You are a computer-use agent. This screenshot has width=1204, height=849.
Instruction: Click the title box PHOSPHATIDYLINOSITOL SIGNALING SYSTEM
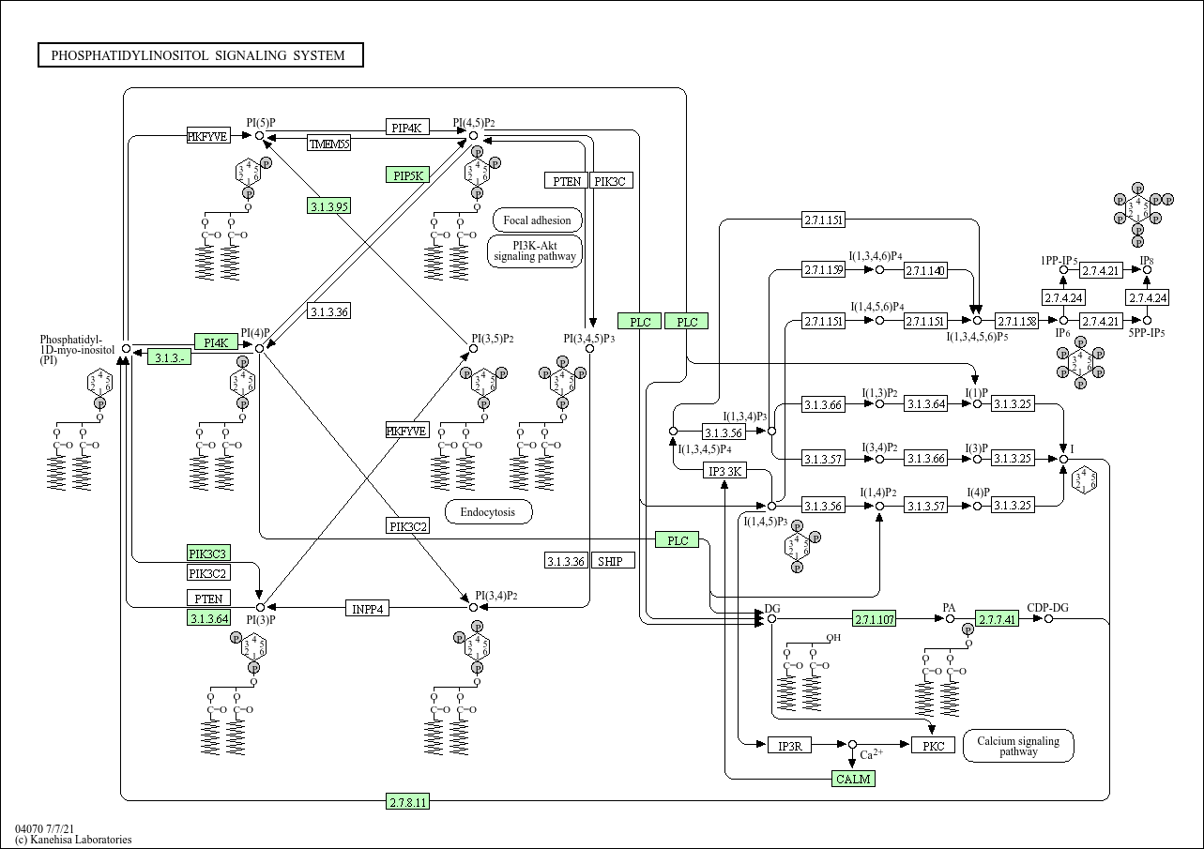pos(200,55)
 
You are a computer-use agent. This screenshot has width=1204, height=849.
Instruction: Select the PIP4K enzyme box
pos(407,128)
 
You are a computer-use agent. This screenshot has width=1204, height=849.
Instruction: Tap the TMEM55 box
pos(329,144)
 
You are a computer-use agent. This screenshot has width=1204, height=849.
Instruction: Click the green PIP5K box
pos(407,175)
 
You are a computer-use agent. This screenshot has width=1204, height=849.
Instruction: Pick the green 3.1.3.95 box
pos(328,206)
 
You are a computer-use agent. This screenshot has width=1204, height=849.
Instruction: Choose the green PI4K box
pos(216,341)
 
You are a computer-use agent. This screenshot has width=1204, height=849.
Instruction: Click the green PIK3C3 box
pos(208,553)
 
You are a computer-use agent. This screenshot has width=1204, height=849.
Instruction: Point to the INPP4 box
pos(369,608)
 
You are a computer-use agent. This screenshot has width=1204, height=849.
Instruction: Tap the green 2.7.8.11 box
pos(408,801)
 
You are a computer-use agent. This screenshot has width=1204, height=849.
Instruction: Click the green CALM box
pos(853,779)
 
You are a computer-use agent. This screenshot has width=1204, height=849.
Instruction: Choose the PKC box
pos(933,746)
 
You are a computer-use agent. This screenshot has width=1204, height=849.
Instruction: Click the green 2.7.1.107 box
pos(874,619)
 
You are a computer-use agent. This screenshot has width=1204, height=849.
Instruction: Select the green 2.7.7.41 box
pos(997,619)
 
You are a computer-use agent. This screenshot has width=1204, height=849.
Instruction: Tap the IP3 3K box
pos(725,471)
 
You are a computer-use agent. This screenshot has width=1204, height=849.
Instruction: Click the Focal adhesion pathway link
pos(537,220)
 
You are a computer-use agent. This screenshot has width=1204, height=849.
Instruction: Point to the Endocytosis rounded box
pos(488,512)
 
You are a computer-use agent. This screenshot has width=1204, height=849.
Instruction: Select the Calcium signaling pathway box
pos(1018,746)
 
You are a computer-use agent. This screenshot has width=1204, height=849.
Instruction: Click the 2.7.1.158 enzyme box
pos(1015,321)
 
